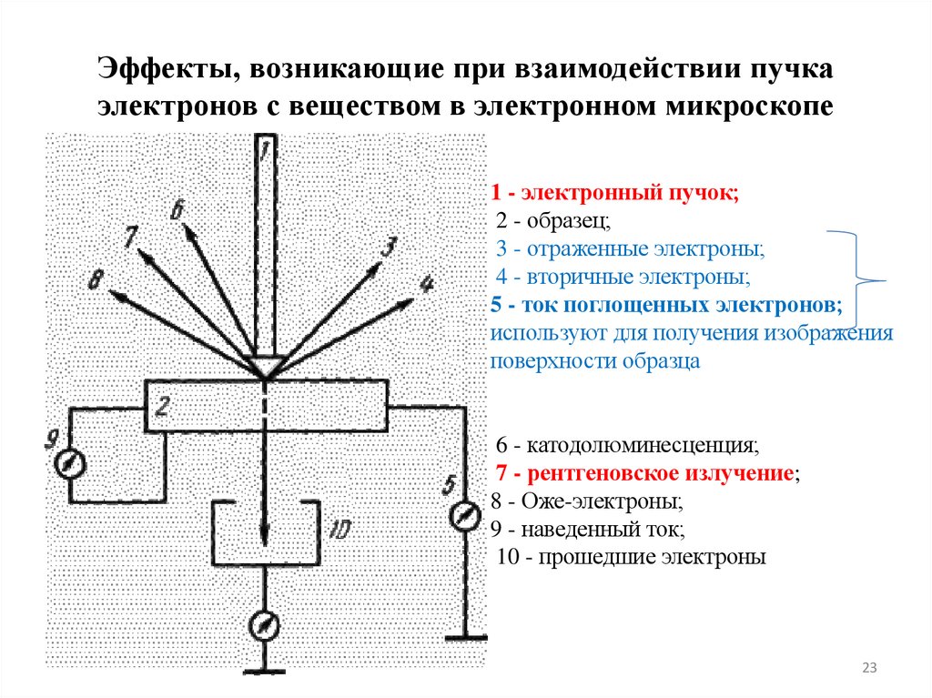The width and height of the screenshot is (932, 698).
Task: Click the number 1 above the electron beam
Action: tap(263, 147)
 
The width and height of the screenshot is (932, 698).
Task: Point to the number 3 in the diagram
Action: tap(389, 247)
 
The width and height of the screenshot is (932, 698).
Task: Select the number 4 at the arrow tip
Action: tap(424, 284)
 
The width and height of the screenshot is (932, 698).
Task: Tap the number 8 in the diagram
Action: tap(94, 280)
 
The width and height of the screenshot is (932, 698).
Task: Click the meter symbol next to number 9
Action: tap(69, 464)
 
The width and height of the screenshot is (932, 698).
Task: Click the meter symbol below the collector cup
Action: tap(264, 625)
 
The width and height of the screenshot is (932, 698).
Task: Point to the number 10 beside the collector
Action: tap(339, 529)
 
